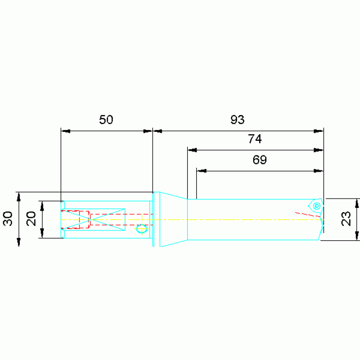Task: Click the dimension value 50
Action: tap(106, 120)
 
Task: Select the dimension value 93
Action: tap(237, 120)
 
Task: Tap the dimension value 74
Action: tap(255, 139)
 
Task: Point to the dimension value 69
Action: tap(260, 160)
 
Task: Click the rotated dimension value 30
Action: tap(8, 219)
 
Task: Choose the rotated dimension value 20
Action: tap(31, 219)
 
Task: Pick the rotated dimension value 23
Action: tap(346, 219)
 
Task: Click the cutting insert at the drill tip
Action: tap(316, 206)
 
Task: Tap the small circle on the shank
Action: tap(142, 229)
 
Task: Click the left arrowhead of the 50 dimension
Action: tap(66, 131)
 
